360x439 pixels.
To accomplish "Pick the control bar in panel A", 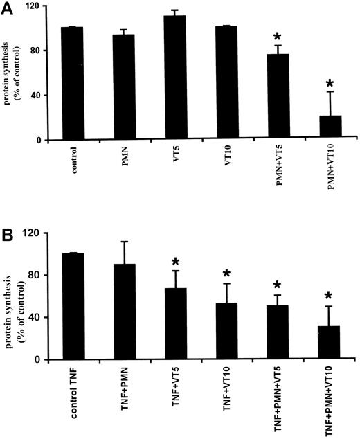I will [72, 84].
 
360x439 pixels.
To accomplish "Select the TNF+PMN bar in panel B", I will [124, 312].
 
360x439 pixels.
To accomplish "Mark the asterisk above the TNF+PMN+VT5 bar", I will [277, 286].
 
